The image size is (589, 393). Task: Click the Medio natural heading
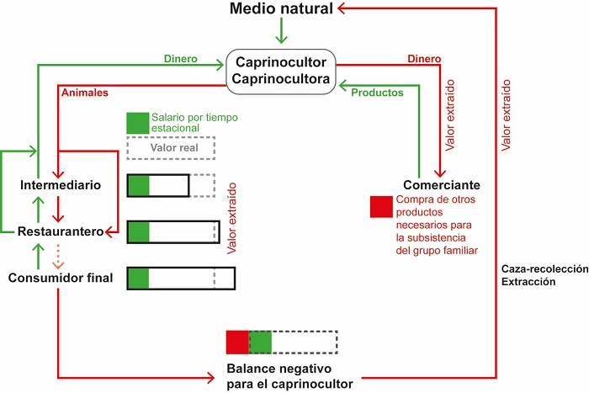coord(281,9)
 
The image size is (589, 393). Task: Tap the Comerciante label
coord(442,185)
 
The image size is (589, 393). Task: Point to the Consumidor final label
coord(61,277)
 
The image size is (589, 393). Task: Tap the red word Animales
coord(85,93)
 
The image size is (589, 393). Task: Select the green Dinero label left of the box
coord(180,59)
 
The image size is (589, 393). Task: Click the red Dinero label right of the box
coord(423,59)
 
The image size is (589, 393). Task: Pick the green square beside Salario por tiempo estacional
coord(136,123)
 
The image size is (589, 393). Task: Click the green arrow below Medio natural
coord(283,31)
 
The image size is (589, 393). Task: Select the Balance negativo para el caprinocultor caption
coord(283,375)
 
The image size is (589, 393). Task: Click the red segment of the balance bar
coord(237,342)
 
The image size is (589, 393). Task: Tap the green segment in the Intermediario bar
coord(138,186)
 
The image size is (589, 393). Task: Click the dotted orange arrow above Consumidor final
coord(57,254)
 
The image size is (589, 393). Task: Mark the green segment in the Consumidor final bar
coord(138,278)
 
